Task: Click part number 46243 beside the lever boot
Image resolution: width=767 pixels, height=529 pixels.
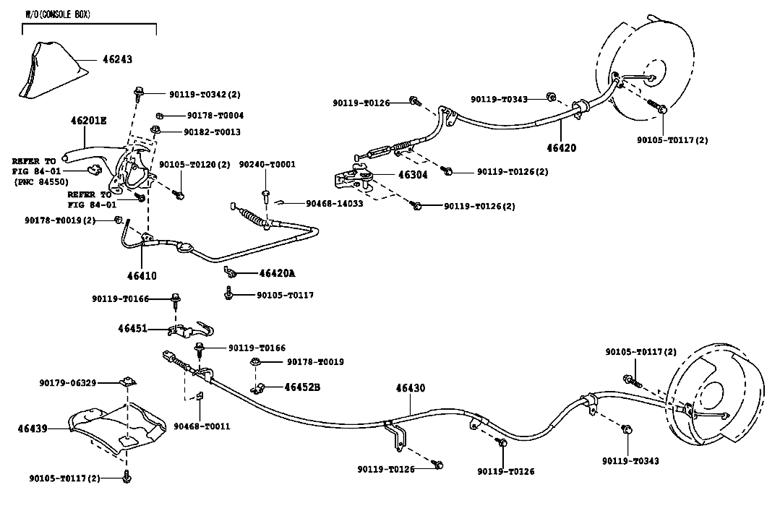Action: coord(117,60)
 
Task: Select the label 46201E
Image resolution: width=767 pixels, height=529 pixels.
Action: coord(88,120)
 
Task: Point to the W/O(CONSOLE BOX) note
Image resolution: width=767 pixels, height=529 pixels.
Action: coord(58,14)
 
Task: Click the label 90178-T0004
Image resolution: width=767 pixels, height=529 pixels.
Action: coord(215,116)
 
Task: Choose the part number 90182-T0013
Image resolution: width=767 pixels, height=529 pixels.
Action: coord(212,132)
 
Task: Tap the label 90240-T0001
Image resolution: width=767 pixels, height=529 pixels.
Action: coord(267,164)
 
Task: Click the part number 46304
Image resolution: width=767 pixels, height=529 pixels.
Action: coord(413,175)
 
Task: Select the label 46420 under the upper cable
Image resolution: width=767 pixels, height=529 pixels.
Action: coord(561,147)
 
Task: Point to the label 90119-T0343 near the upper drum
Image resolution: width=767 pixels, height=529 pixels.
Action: coord(499,99)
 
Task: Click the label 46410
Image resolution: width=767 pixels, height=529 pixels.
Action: coord(142,276)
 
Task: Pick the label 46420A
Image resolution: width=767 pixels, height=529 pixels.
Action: coord(278,273)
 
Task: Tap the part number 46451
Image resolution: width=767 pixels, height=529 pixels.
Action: coord(132,329)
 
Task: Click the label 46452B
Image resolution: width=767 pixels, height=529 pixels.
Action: coord(302,387)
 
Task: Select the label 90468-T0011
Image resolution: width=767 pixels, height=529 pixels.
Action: coord(202,426)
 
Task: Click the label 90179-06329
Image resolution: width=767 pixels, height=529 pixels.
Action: coord(68,383)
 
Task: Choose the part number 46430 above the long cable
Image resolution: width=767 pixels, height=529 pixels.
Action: coord(411,388)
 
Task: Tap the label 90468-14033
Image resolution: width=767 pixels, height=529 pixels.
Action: coord(335,203)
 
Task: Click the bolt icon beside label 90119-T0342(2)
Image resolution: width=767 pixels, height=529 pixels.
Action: coord(138,93)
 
